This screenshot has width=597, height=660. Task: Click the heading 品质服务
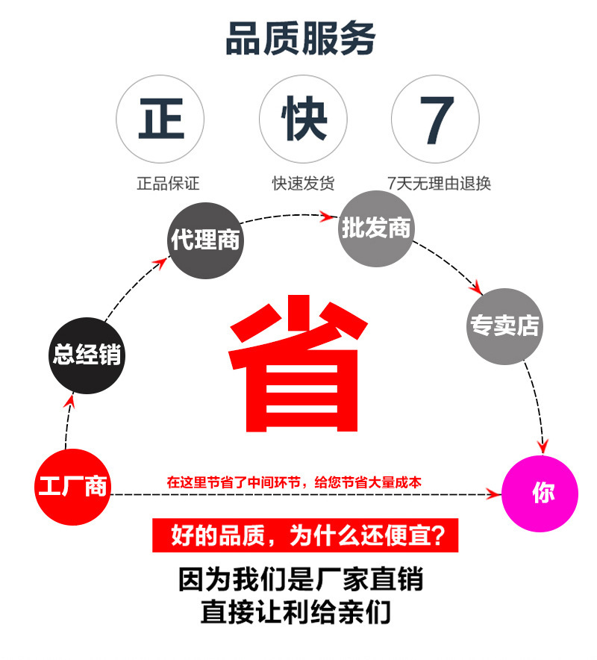click(300, 39)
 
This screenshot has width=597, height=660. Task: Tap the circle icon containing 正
click(160, 119)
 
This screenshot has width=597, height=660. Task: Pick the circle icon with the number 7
click(436, 119)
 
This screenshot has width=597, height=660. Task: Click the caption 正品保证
click(168, 183)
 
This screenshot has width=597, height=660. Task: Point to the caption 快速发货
click(303, 183)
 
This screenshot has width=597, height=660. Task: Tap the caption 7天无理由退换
click(440, 183)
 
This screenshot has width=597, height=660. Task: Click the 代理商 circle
click(205, 240)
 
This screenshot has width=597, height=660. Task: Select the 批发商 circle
click(376, 228)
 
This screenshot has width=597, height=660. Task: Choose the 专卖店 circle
click(504, 326)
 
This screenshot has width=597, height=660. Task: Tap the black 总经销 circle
click(87, 355)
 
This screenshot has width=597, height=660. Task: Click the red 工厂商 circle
click(72, 488)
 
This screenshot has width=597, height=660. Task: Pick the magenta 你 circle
click(540, 494)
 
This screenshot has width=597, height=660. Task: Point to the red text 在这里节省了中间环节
click(294, 482)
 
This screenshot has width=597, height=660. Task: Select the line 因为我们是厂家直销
click(301, 579)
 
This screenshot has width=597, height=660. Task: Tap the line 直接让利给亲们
click(296, 613)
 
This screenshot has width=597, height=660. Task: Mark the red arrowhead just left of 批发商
click(326, 217)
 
